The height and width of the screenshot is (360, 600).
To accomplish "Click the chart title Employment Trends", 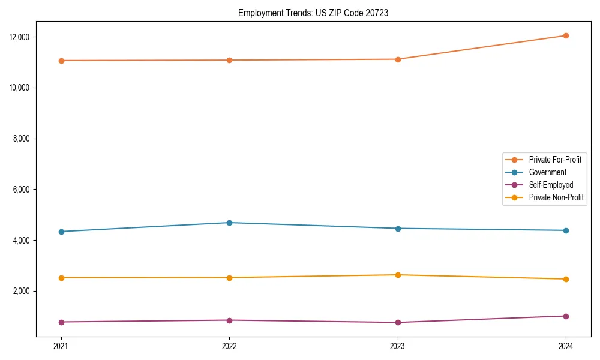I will pyautogui.click(x=313, y=13).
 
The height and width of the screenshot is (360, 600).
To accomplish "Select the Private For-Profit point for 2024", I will pyautogui.click(x=566, y=35).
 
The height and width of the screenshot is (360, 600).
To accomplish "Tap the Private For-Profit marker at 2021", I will pyautogui.click(x=61, y=61).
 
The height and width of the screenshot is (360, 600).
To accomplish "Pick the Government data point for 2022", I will pyautogui.click(x=229, y=223).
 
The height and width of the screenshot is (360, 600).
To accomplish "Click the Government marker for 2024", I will pyautogui.click(x=566, y=230).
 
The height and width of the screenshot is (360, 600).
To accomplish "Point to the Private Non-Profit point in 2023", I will pyautogui.click(x=398, y=275).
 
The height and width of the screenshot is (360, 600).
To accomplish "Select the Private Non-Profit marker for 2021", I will pyautogui.click(x=61, y=278).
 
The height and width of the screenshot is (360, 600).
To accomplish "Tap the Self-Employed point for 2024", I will pyautogui.click(x=566, y=316).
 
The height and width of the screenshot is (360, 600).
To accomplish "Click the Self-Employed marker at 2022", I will pyautogui.click(x=229, y=320).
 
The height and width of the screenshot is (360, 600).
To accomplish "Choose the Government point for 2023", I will pyautogui.click(x=398, y=229).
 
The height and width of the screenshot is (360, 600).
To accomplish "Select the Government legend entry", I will pyautogui.click(x=547, y=172).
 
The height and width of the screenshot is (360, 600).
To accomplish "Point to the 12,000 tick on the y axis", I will pyautogui.click(x=20, y=37).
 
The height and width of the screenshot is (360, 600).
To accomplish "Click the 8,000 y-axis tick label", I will pyautogui.click(x=22, y=139).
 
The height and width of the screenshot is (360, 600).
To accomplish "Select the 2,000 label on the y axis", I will pyautogui.click(x=22, y=291).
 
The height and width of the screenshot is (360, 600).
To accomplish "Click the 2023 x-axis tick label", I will pyautogui.click(x=398, y=346).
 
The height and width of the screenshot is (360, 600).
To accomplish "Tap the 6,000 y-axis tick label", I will pyautogui.click(x=22, y=190).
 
